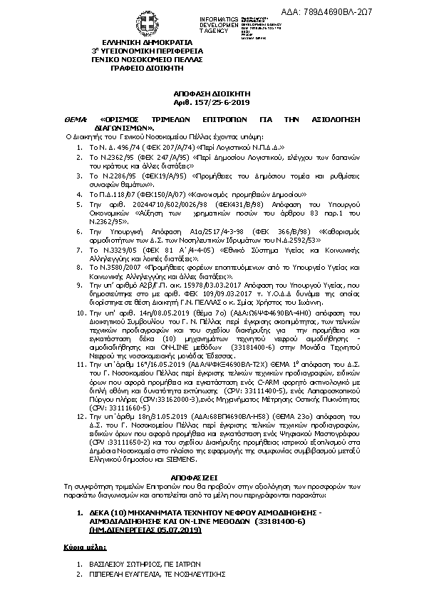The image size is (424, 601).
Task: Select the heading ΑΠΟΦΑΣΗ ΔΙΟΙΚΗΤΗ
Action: click(212, 94)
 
